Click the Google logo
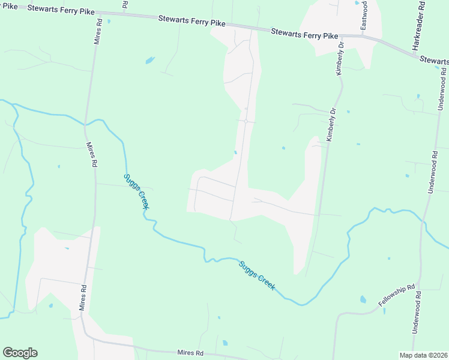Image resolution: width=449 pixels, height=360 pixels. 20,353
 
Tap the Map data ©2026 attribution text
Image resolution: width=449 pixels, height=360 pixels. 424,355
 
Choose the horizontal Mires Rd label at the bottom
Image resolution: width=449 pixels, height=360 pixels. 190,353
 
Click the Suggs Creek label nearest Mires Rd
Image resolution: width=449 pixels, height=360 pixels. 136,191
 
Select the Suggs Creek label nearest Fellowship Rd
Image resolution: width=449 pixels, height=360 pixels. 257,275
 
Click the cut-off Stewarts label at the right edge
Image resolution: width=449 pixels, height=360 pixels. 434,60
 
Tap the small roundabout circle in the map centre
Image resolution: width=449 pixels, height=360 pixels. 246,121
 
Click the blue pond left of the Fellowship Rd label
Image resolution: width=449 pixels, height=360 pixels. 363,299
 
